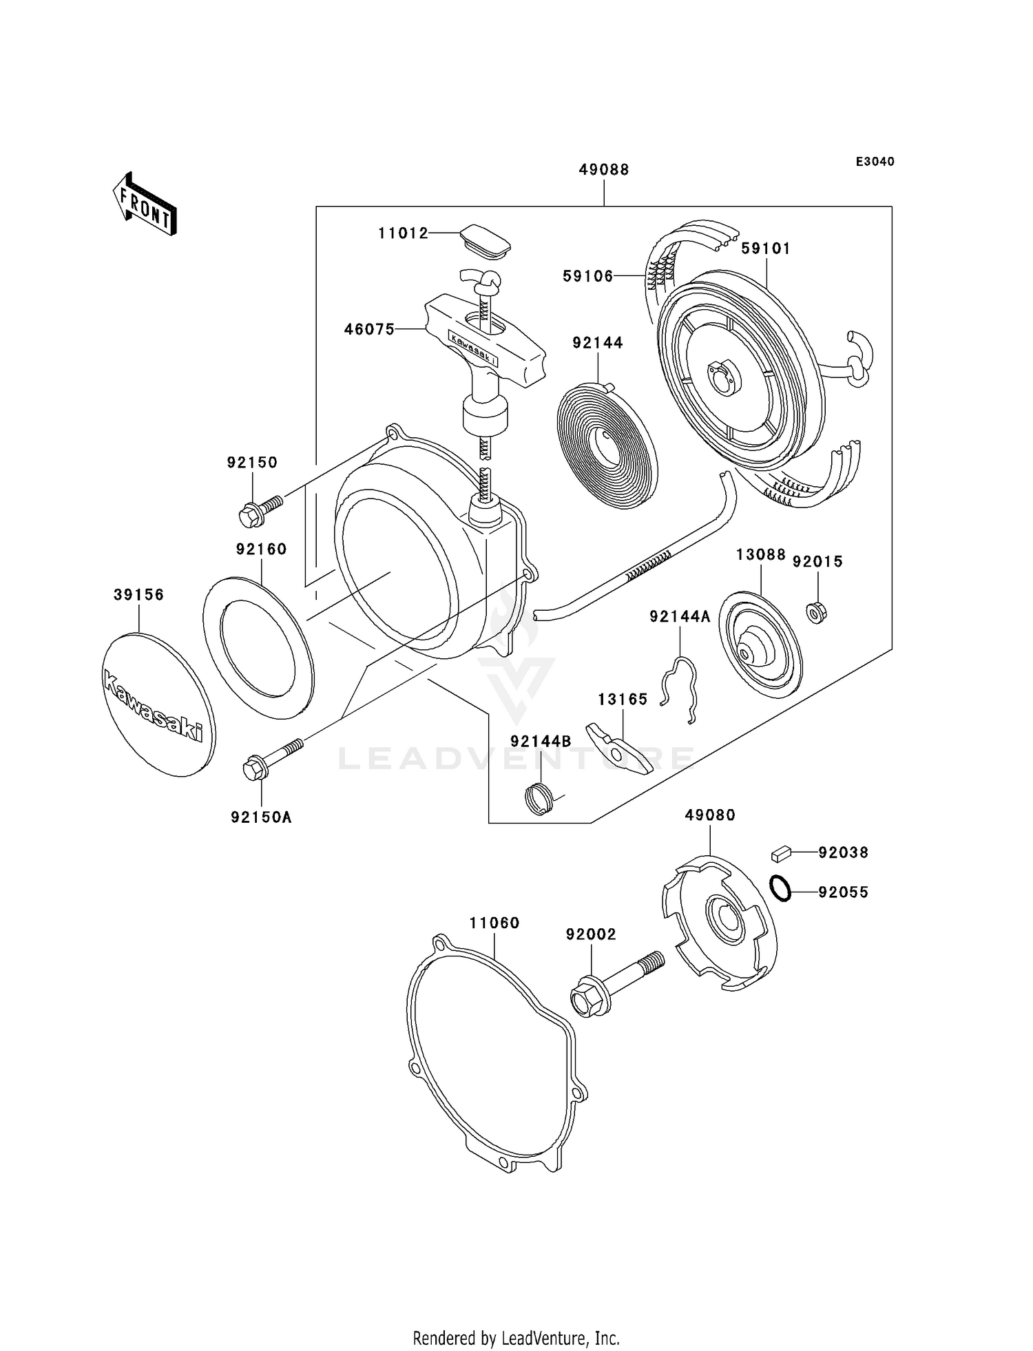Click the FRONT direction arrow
point(145,205)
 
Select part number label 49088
point(603,169)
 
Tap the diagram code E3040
point(875,162)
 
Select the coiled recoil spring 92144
point(606,446)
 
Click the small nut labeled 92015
point(816,611)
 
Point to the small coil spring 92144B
point(539,799)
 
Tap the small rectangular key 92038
point(780,853)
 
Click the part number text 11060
point(494,923)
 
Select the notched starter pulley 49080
point(719,922)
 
